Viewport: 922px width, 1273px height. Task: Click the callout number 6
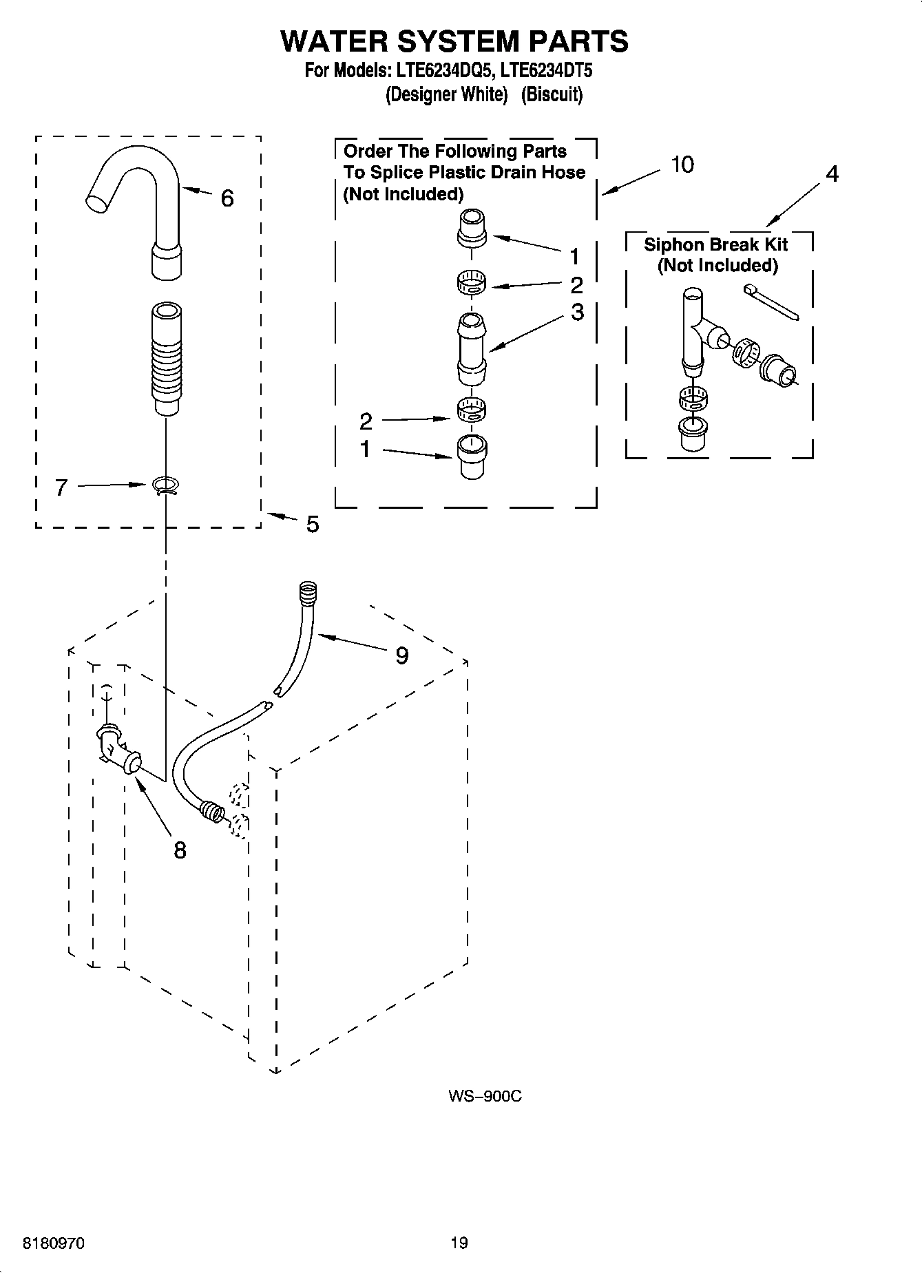coord(227,199)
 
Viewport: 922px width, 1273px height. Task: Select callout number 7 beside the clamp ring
coord(61,488)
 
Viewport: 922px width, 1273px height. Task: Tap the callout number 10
coord(682,165)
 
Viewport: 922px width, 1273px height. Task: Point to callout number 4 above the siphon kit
coord(832,175)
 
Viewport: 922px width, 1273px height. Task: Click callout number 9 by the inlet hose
coord(401,655)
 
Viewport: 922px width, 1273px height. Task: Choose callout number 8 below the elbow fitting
coord(180,850)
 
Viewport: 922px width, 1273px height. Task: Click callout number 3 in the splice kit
coord(577,312)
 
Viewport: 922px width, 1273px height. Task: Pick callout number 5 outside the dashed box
coord(313,525)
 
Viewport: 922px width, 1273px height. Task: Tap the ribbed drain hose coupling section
coord(166,358)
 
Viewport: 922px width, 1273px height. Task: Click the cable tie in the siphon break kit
coord(771,303)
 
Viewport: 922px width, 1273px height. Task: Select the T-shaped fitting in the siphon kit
coord(695,330)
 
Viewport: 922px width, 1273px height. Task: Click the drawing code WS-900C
coord(485,1096)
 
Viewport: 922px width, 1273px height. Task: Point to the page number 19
coord(459,1243)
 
